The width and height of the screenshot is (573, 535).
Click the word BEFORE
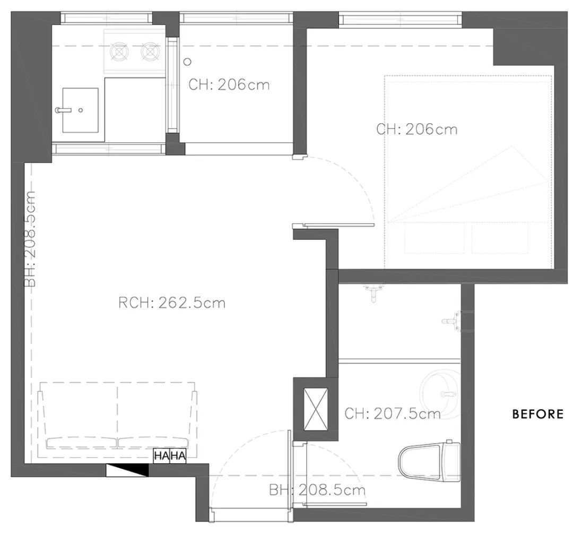point(537,414)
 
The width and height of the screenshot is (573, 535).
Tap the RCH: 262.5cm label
point(172,303)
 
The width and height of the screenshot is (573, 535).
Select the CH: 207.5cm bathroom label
point(392,413)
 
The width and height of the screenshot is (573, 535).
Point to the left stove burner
point(120,51)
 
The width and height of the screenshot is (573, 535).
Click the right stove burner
point(150,51)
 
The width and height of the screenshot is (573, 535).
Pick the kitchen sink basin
point(81,110)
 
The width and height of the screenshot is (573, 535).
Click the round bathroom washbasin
point(440,387)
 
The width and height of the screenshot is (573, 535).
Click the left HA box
point(161,456)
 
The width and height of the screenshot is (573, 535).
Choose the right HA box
point(178,456)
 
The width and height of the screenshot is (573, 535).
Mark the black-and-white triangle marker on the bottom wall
point(126,470)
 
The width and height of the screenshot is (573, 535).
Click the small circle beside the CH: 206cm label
point(187,62)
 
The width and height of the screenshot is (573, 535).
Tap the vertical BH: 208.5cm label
point(30,239)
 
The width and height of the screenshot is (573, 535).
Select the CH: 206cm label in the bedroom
point(416,129)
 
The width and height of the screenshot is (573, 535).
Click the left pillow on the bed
point(434,238)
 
